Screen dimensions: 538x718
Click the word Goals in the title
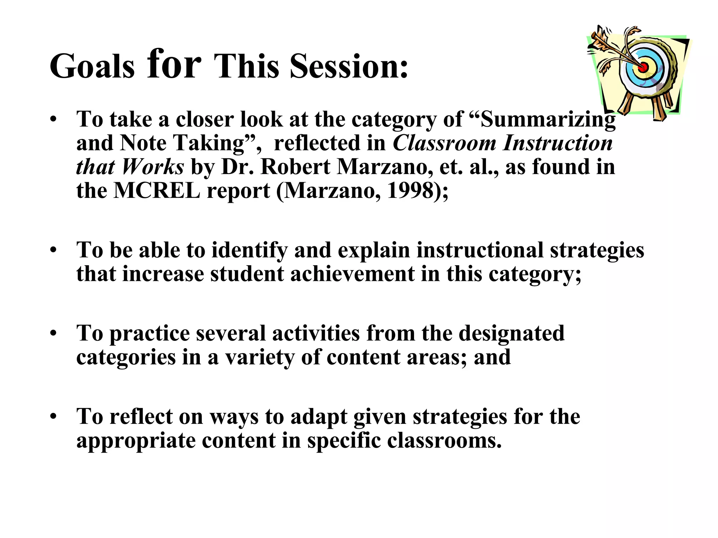[x=92, y=67]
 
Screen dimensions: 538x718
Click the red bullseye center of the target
[x=644, y=66]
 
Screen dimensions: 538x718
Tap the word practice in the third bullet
[x=149, y=334]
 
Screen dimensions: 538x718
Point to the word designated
[x=512, y=333]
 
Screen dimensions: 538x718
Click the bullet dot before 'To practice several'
[x=53, y=333]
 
